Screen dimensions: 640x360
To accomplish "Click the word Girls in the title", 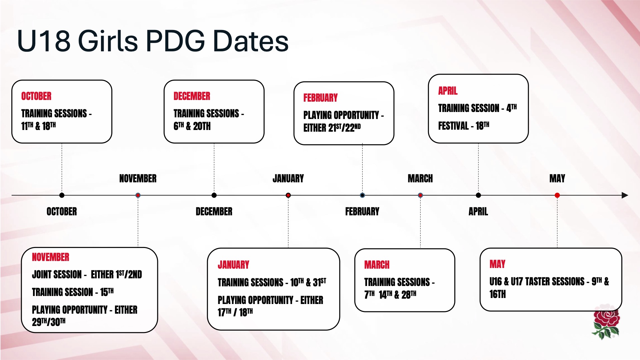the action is pyautogui.click(x=108, y=41).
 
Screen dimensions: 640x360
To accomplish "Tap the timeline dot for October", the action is pyautogui.click(x=62, y=195).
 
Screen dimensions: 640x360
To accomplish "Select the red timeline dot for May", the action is pyautogui.click(x=557, y=195).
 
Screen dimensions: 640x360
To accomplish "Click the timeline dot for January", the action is pyautogui.click(x=288, y=195).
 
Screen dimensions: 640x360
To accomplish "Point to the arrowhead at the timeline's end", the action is pyautogui.click(x=625, y=195).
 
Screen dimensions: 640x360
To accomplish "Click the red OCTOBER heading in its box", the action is pyautogui.click(x=36, y=96).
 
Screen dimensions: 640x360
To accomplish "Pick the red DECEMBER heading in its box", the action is pyautogui.click(x=192, y=96).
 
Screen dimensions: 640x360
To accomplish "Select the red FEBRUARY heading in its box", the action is pyautogui.click(x=320, y=98).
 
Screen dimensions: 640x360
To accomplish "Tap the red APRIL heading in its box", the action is pyautogui.click(x=448, y=91).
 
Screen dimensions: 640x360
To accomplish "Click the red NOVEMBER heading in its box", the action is pyautogui.click(x=51, y=257).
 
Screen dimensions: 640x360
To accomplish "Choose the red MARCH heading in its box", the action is pyautogui.click(x=377, y=265).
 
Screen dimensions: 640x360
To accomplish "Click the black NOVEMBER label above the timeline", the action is pyautogui.click(x=138, y=178).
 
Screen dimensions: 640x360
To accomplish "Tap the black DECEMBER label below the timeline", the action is pyautogui.click(x=214, y=211).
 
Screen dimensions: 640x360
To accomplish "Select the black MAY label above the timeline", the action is pyautogui.click(x=557, y=178).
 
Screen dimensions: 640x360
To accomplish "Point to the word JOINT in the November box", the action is pyautogui.click(x=43, y=274).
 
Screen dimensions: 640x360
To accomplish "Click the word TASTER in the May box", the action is pyautogui.click(x=542, y=281).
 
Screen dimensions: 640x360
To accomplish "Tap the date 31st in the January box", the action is pyautogui.click(x=320, y=282).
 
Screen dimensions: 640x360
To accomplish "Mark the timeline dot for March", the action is pyautogui.click(x=420, y=195).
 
